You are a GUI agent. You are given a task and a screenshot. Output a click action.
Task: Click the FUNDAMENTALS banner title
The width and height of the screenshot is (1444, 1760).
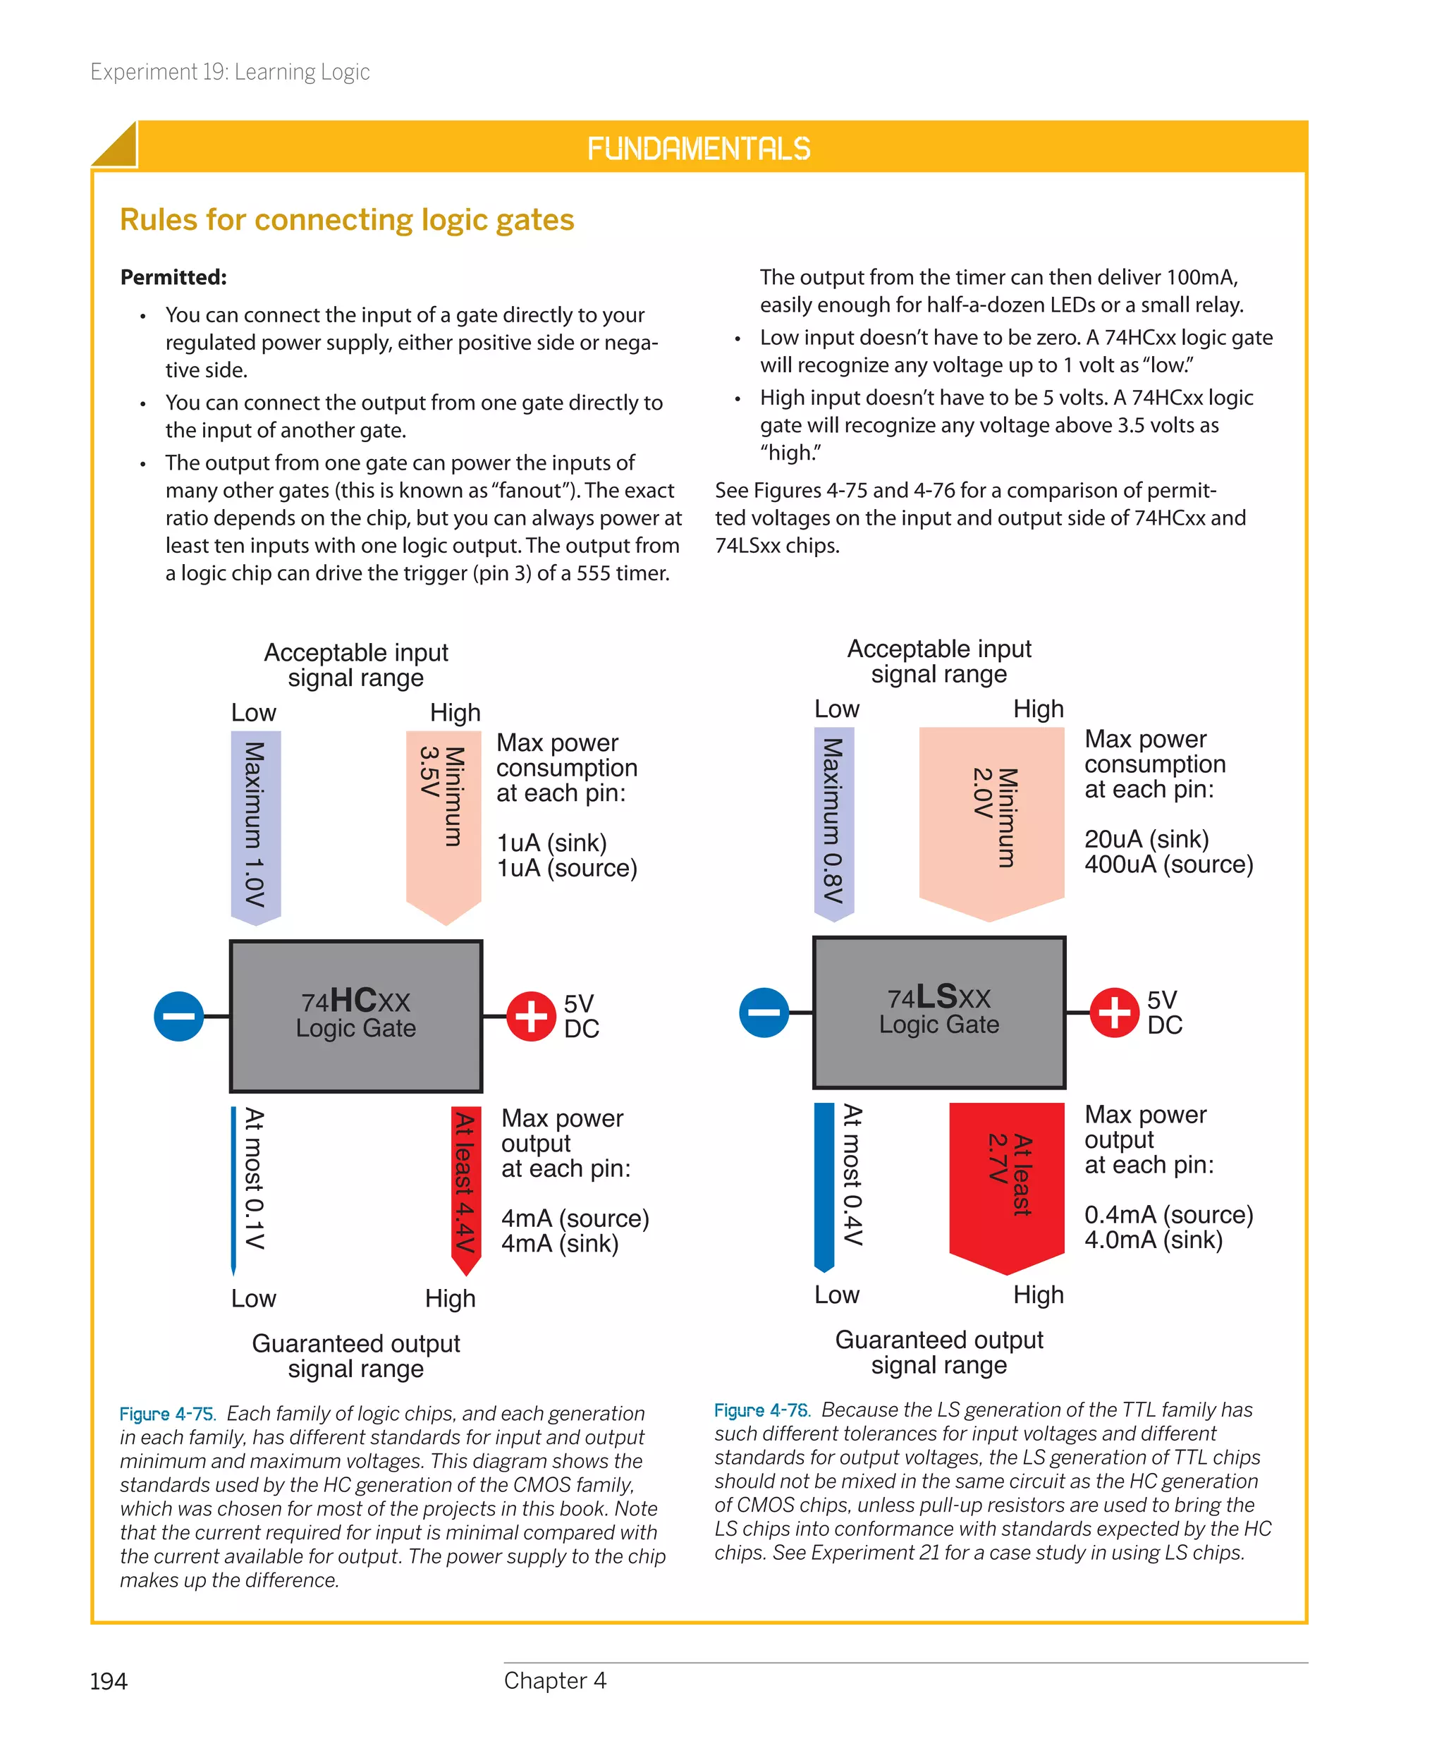[x=698, y=149]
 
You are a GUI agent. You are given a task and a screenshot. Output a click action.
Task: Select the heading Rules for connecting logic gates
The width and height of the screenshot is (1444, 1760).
[x=347, y=219]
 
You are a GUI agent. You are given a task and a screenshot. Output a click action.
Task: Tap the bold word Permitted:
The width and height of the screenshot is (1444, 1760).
[x=173, y=277]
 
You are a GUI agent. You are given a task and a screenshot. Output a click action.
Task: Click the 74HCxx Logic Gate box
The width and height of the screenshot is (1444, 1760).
[x=355, y=1015]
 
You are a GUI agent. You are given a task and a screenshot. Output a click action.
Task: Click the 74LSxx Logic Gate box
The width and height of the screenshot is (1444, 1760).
[x=938, y=1013]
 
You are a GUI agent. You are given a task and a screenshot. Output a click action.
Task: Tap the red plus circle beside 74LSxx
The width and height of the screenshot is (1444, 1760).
[x=1114, y=1013]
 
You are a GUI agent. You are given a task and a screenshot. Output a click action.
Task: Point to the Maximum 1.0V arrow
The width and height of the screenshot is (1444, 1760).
[x=255, y=825]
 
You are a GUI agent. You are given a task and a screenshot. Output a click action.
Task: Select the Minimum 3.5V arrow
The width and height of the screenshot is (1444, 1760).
[x=443, y=824]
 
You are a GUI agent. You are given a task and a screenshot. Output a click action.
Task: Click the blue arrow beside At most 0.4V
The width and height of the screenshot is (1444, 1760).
[x=824, y=1185]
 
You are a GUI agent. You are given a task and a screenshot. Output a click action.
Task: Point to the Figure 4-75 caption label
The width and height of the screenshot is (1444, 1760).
[x=167, y=1414]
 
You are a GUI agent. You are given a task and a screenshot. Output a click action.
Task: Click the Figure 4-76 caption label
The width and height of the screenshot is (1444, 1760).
[x=761, y=1410]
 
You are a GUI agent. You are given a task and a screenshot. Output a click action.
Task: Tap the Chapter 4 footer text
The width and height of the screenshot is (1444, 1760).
[x=555, y=1680]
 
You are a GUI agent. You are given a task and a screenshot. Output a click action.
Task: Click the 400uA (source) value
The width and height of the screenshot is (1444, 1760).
[x=1168, y=864]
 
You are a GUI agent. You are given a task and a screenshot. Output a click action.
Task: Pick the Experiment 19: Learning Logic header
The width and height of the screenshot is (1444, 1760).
[x=230, y=73]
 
